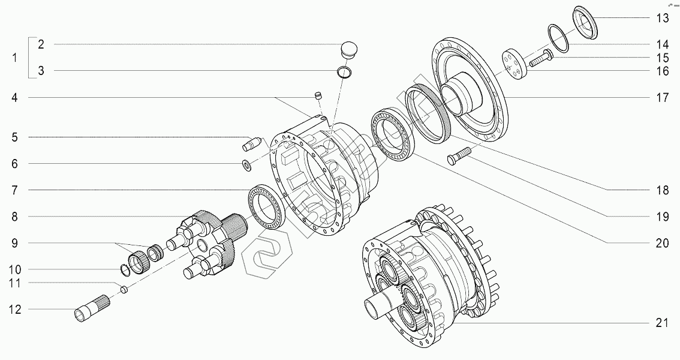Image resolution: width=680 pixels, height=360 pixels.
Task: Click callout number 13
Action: [662, 18]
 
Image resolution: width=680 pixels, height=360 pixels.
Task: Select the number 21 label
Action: [662, 323]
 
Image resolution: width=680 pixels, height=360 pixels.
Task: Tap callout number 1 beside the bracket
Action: [15, 58]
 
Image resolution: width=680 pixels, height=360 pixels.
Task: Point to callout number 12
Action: [15, 310]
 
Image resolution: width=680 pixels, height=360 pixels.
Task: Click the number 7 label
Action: [15, 190]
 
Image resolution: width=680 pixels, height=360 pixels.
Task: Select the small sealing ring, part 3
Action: [344, 73]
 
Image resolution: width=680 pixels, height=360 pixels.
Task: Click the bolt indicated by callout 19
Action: [459, 157]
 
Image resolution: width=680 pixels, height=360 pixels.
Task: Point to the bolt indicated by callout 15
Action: [541, 59]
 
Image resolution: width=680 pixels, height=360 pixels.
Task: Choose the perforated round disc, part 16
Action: [513, 64]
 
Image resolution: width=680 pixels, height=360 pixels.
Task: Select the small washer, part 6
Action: [246, 164]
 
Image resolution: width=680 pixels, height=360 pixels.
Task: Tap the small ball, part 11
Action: [124, 289]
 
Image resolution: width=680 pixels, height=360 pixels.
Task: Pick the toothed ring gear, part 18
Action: [429, 112]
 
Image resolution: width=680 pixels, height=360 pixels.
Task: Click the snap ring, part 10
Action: [125, 270]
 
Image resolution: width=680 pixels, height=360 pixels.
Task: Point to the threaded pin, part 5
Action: [251, 145]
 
